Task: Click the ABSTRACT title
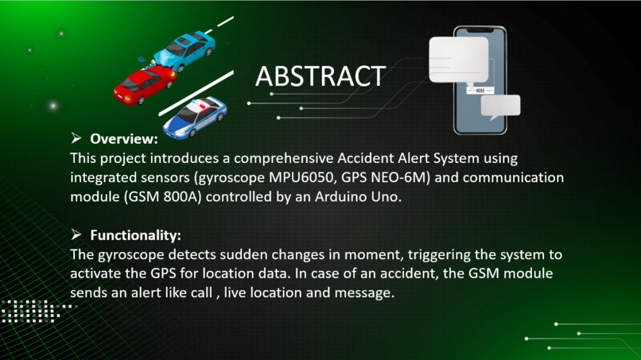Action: (320, 76)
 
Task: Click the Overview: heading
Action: (123, 139)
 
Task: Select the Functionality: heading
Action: (135, 235)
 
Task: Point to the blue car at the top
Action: (185, 49)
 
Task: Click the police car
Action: (194, 116)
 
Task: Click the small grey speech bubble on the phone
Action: (503, 106)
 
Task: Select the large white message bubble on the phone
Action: (458, 60)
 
